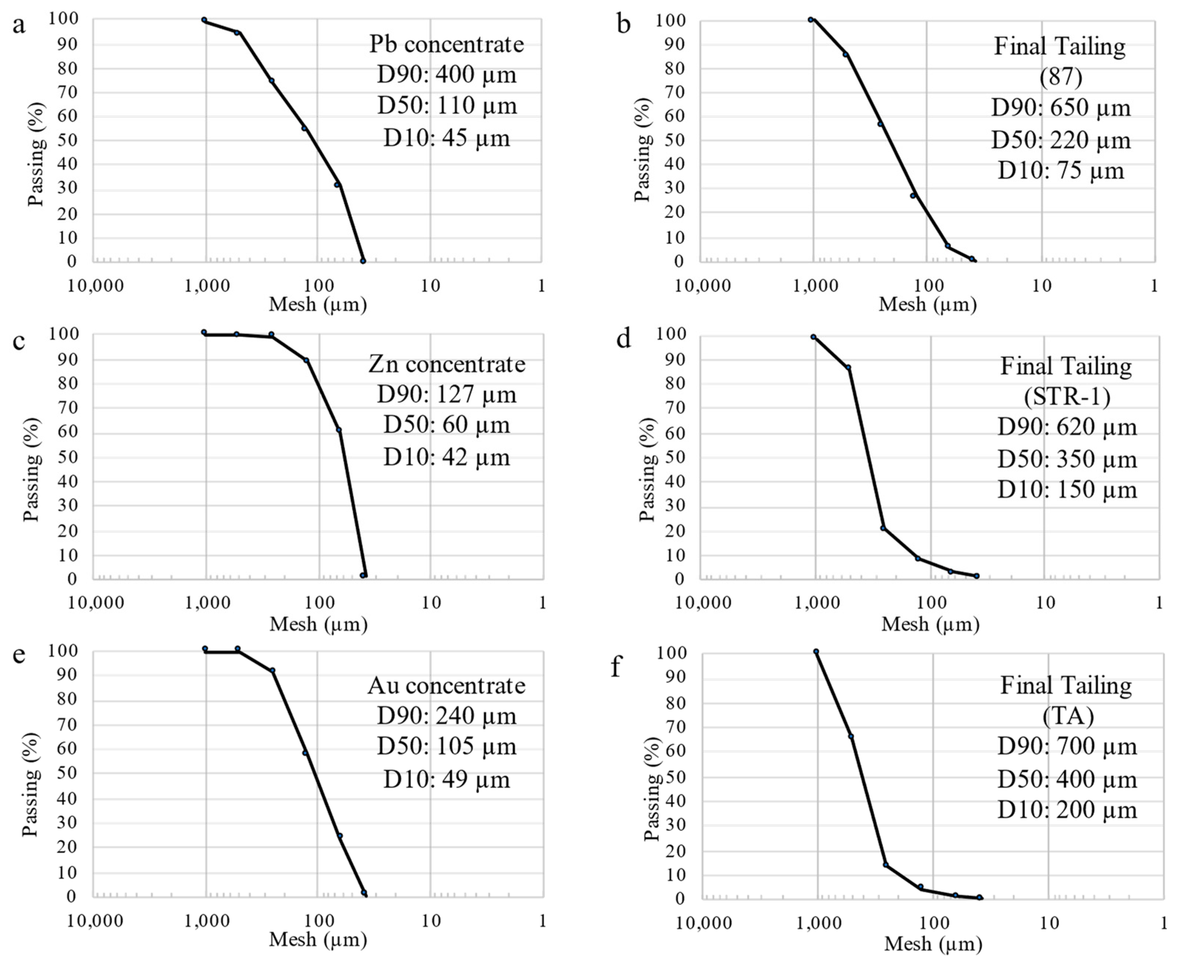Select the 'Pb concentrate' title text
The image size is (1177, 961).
(446, 44)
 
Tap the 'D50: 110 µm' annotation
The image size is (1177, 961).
(446, 105)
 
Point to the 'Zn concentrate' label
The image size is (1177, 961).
(446, 364)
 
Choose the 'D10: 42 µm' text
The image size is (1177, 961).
(446, 457)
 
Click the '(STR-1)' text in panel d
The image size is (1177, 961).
(1067, 396)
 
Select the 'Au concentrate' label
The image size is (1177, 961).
(446, 685)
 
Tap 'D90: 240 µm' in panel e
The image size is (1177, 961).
(446, 716)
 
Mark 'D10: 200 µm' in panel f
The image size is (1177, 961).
(1067, 810)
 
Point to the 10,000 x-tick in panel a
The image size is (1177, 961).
(96, 286)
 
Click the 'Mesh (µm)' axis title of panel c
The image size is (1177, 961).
(318, 624)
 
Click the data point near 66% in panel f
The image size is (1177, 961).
(851, 736)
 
